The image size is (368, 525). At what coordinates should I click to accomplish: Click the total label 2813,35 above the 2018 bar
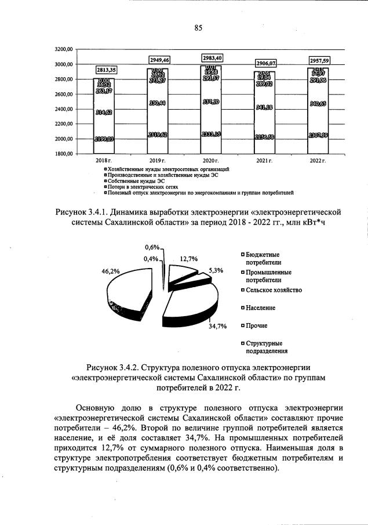point(106,70)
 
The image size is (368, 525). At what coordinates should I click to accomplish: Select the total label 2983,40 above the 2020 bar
point(212,57)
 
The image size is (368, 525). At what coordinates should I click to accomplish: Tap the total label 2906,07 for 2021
point(264,63)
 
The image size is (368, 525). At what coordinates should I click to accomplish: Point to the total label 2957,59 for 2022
point(317,60)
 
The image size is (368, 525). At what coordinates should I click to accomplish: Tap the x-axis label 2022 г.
point(317,160)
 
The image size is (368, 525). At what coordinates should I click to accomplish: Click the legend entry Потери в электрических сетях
point(133,186)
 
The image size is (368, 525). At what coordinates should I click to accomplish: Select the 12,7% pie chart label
point(189,259)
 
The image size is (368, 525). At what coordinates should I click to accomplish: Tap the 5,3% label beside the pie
point(216,270)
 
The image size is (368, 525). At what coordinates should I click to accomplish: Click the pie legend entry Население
point(260,307)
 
